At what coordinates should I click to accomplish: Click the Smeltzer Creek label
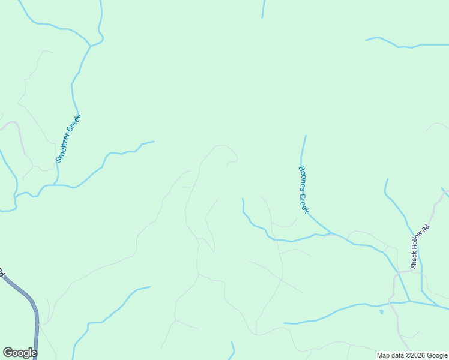(68, 139)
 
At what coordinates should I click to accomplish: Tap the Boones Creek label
(304, 190)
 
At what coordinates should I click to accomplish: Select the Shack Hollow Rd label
(421, 246)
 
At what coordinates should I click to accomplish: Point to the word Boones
(302, 178)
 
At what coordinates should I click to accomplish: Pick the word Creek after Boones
(305, 203)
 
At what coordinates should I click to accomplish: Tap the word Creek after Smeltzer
(74, 123)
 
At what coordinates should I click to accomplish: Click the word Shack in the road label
(414, 261)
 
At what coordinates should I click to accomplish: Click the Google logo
(20, 353)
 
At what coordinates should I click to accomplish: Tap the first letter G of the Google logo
(7, 353)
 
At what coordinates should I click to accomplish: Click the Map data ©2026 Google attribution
(411, 355)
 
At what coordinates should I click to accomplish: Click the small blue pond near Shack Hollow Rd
(381, 311)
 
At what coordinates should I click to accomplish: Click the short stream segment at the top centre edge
(263, 8)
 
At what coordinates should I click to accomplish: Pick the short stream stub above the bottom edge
(232, 350)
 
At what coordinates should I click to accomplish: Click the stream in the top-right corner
(408, 44)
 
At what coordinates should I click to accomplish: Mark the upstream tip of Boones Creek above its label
(306, 136)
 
